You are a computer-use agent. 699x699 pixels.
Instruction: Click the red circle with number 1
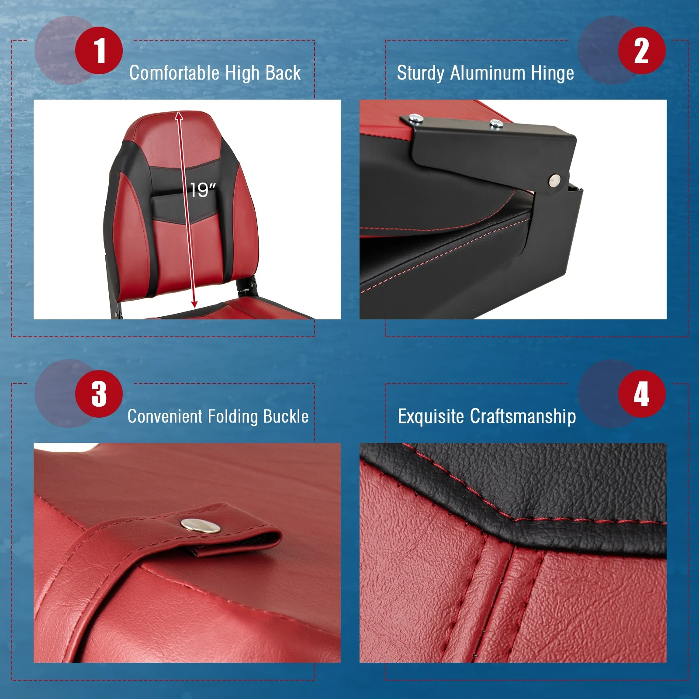click(99, 50)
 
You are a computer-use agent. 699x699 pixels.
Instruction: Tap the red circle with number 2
click(641, 50)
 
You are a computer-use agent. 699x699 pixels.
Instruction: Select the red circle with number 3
click(99, 394)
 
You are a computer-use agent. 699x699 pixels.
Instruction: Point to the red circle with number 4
click(641, 394)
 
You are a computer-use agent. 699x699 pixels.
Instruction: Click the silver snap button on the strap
click(201, 525)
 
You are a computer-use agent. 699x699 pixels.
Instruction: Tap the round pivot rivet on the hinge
click(554, 179)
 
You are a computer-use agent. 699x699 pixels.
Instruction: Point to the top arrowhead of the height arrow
click(179, 115)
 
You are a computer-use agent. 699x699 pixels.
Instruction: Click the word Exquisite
click(431, 416)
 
